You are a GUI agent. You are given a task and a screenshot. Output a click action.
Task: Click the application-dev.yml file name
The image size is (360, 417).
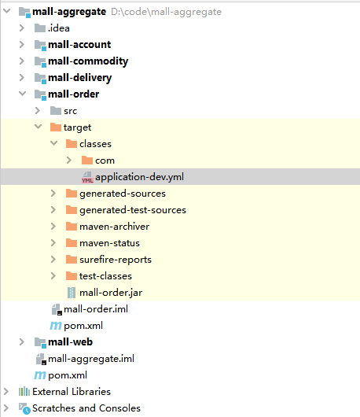(x=139, y=177)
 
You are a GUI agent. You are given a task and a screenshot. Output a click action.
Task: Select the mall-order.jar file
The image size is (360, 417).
(x=111, y=293)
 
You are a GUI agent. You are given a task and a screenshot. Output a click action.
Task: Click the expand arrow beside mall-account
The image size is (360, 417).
(x=22, y=44)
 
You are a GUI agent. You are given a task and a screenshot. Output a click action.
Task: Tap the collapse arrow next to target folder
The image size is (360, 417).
(x=39, y=127)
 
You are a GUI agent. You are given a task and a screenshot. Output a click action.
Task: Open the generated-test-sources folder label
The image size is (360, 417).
(x=133, y=210)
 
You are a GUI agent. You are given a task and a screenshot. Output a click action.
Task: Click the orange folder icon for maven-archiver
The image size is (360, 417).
(x=72, y=227)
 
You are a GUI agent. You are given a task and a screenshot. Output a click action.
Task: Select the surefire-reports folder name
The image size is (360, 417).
(x=116, y=260)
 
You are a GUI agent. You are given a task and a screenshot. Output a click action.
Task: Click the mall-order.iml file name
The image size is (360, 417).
(x=96, y=309)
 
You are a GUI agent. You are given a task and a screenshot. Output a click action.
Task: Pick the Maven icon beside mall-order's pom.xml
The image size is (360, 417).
(x=56, y=326)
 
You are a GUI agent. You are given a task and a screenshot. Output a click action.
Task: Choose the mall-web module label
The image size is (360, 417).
(x=70, y=342)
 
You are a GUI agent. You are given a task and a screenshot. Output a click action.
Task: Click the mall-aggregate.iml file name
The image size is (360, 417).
(x=91, y=359)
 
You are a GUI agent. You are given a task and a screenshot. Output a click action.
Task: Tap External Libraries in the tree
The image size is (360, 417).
(x=72, y=392)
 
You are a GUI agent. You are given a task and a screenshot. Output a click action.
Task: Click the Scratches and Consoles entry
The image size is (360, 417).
(x=86, y=408)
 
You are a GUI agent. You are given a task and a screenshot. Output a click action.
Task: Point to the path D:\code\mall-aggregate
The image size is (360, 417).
(x=167, y=12)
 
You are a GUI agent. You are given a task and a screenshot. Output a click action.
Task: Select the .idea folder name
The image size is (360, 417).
(x=59, y=28)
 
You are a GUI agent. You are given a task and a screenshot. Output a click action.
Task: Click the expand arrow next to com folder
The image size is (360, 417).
(x=69, y=160)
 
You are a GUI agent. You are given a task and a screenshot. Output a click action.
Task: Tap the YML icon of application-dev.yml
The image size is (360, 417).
(x=87, y=177)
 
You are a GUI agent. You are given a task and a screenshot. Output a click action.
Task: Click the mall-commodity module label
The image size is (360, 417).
(x=88, y=61)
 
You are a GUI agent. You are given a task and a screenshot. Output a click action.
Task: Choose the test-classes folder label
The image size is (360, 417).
(x=105, y=276)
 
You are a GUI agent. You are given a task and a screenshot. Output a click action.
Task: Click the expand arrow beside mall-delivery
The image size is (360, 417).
(x=22, y=77)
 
